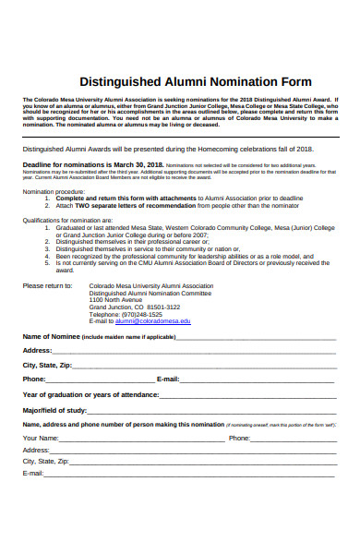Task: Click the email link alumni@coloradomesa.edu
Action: pos(153,321)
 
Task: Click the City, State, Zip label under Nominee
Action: pos(47,366)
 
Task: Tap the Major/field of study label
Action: pos(54,410)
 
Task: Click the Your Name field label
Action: pos(41,438)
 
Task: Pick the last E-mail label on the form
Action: pos(33,473)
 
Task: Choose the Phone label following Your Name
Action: pos(238,438)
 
